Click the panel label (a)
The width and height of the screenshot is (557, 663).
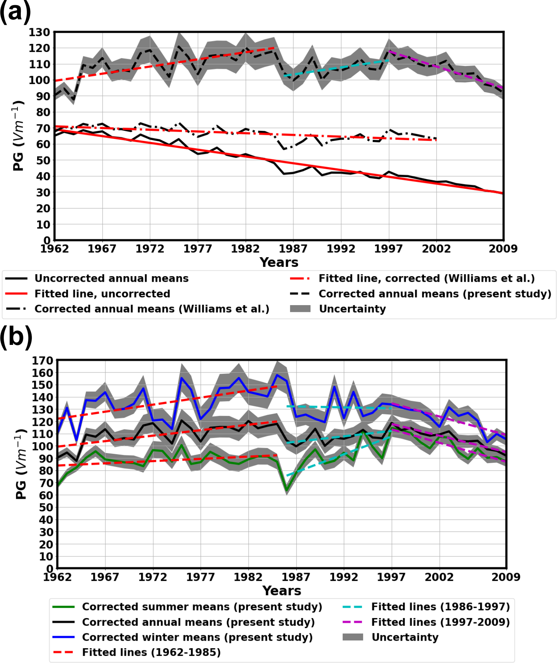tap(15, 13)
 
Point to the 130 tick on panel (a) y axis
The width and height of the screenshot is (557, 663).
tap(39, 32)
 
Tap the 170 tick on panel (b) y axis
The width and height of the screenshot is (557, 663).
tap(42, 360)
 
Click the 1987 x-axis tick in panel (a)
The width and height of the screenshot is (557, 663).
tap(293, 249)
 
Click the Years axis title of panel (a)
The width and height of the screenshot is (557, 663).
tap(279, 262)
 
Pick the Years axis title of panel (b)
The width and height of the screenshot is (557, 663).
tap(282, 591)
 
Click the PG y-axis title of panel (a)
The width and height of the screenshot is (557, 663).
tap(19, 136)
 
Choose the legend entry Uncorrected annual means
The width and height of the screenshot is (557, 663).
tap(111, 278)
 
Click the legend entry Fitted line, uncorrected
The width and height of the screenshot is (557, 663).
tap(102, 294)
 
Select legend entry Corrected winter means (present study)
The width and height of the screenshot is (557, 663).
tap(197, 637)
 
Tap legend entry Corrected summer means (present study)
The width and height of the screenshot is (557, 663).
tap(202, 607)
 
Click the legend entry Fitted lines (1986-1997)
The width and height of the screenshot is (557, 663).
tap(440, 607)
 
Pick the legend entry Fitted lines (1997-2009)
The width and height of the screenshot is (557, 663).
tap(440, 622)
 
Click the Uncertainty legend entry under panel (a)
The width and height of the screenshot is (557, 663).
tap(352, 309)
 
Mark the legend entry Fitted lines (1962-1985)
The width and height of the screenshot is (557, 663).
tap(151, 652)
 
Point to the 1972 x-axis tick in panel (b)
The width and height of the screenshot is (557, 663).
tap(153, 577)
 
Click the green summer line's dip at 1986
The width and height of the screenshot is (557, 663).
tap(287, 491)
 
